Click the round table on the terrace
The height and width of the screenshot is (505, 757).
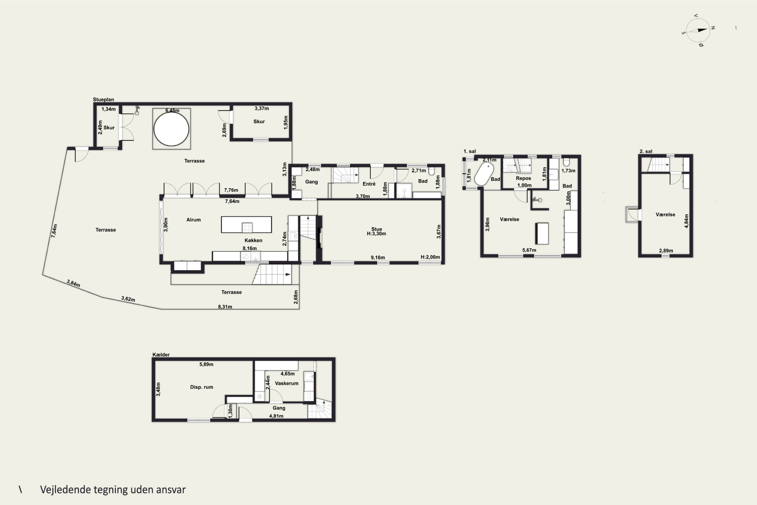171,129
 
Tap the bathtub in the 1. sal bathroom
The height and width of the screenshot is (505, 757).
484,174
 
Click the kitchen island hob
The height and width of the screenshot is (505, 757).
247,228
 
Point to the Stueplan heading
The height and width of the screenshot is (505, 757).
103,99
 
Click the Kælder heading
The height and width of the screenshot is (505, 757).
161,355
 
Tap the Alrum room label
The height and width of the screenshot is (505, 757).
194,220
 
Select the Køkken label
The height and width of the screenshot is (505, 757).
253,240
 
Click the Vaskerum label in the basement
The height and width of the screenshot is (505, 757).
286,383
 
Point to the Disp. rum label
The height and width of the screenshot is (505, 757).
201,387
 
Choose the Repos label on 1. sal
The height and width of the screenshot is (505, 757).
523,178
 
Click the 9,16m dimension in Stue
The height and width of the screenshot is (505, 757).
377,257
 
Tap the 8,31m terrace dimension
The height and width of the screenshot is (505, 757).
225,307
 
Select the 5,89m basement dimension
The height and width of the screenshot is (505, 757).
206,364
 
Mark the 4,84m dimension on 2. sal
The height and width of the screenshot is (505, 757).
687,221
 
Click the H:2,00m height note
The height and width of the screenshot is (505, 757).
430,257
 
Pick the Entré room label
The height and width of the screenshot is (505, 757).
369,184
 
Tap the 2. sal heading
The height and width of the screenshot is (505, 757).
646,151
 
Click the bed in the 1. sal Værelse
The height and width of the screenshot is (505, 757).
542,233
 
